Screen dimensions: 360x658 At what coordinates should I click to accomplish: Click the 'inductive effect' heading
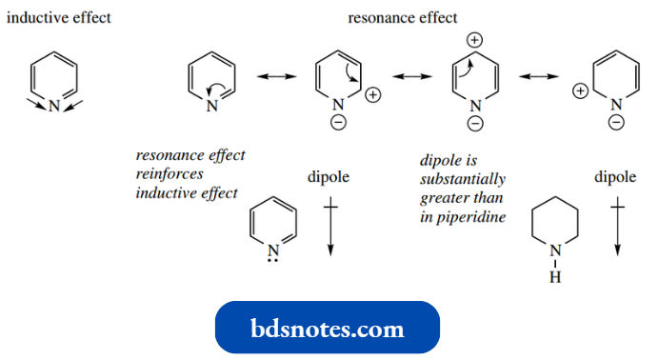[59, 18]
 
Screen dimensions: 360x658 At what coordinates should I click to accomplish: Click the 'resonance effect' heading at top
[402, 17]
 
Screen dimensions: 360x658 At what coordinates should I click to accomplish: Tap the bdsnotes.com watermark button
[329, 329]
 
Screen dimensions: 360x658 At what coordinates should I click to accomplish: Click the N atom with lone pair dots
[273, 251]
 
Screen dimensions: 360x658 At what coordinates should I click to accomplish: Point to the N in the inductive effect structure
[54, 106]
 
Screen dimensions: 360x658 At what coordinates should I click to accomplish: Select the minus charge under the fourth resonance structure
[616, 123]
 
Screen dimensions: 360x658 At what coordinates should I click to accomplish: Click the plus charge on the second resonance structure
[372, 94]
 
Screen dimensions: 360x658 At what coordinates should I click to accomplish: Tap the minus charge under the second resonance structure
[339, 123]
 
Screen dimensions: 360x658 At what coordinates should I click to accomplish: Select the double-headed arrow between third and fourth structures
[538, 75]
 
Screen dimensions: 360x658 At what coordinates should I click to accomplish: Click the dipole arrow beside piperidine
[617, 227]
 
